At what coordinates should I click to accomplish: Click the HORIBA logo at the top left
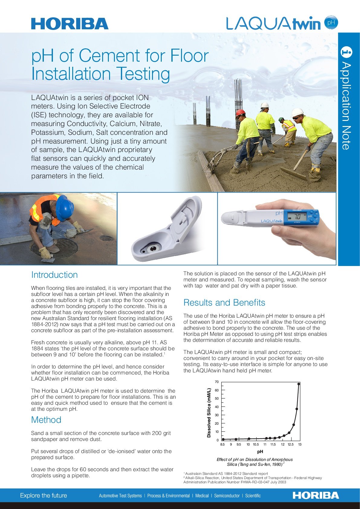pyautogui.click(x=70, y=24)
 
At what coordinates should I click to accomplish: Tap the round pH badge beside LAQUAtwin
pyautogui.click(x=331, y=23)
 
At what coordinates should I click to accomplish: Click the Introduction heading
pyautogui.click(x=54, y=275)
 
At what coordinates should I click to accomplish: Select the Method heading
pyautogui.click(x=46, y=420)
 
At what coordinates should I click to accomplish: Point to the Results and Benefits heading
pyautogui.click(x=224, y=303)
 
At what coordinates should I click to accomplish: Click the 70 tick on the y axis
pyautogui.click(x=217, y=382)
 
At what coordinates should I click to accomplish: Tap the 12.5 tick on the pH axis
pyautogui.click(x=290, y=444)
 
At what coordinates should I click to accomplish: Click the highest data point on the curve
pyautogui.click(x=299, y=384)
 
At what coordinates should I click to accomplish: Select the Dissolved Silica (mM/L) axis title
pyautogui.click(x=209, y=413)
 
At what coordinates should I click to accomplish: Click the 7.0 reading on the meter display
pyautogui.click(x=297, y=217)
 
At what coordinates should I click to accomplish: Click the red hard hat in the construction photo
pyautogui.click(x=240, y=113)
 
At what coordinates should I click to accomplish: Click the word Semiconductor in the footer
pyautogui.click(x=227, y=496)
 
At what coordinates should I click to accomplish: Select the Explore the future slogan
pyautogui.click(x=44, y=495)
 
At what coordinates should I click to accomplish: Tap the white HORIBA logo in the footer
pyautogui.click(x=316, y=495)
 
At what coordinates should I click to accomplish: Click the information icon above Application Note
pyautogui.click(x=346, y=52)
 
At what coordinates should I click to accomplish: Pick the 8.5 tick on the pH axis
pyautogui.click(x=222, y=444)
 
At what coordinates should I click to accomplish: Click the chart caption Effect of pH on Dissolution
pyautogui.click(x=255, y=459)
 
